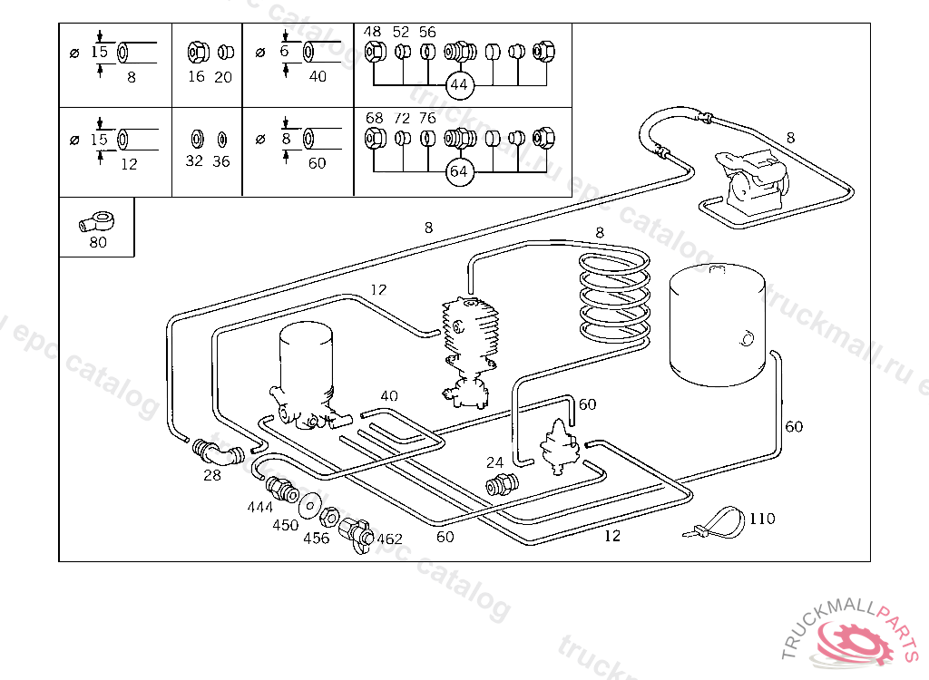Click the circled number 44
click(460, 84)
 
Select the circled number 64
click(460, 171)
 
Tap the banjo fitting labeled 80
click(95, 220)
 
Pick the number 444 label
click(259, 508)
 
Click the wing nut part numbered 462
click(357, 531)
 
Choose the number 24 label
click(494, 462)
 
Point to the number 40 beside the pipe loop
click(389, 396)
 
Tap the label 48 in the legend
click(372, 32)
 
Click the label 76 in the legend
click(427, 118)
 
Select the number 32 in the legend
click(194, 161)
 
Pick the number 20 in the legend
click(223, 77)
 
